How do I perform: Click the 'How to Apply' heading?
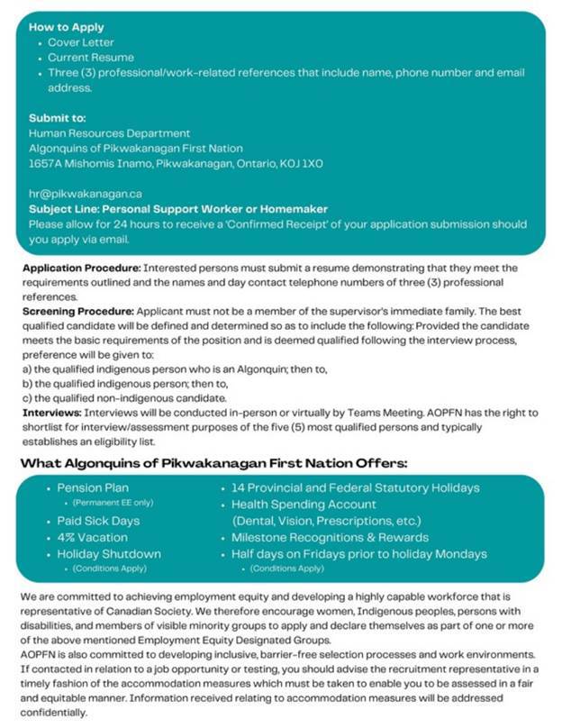pyautogui.click(x=65, y=27)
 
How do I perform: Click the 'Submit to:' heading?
pyautogui.click(x=58, y=118)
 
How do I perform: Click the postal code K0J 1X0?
pyautogui.click(x=303, y=164)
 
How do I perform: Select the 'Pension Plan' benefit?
pyautogui.click(x=93, y=487)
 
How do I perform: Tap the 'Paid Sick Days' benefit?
pyautogui.click(x=98, y=521)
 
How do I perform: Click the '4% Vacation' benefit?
pyautogui.click(x=92, y=537)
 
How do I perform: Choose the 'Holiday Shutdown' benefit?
pyautogui.click(x=108, y=554)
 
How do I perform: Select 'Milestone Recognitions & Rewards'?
pyautogui.click(x=330, y=537)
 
